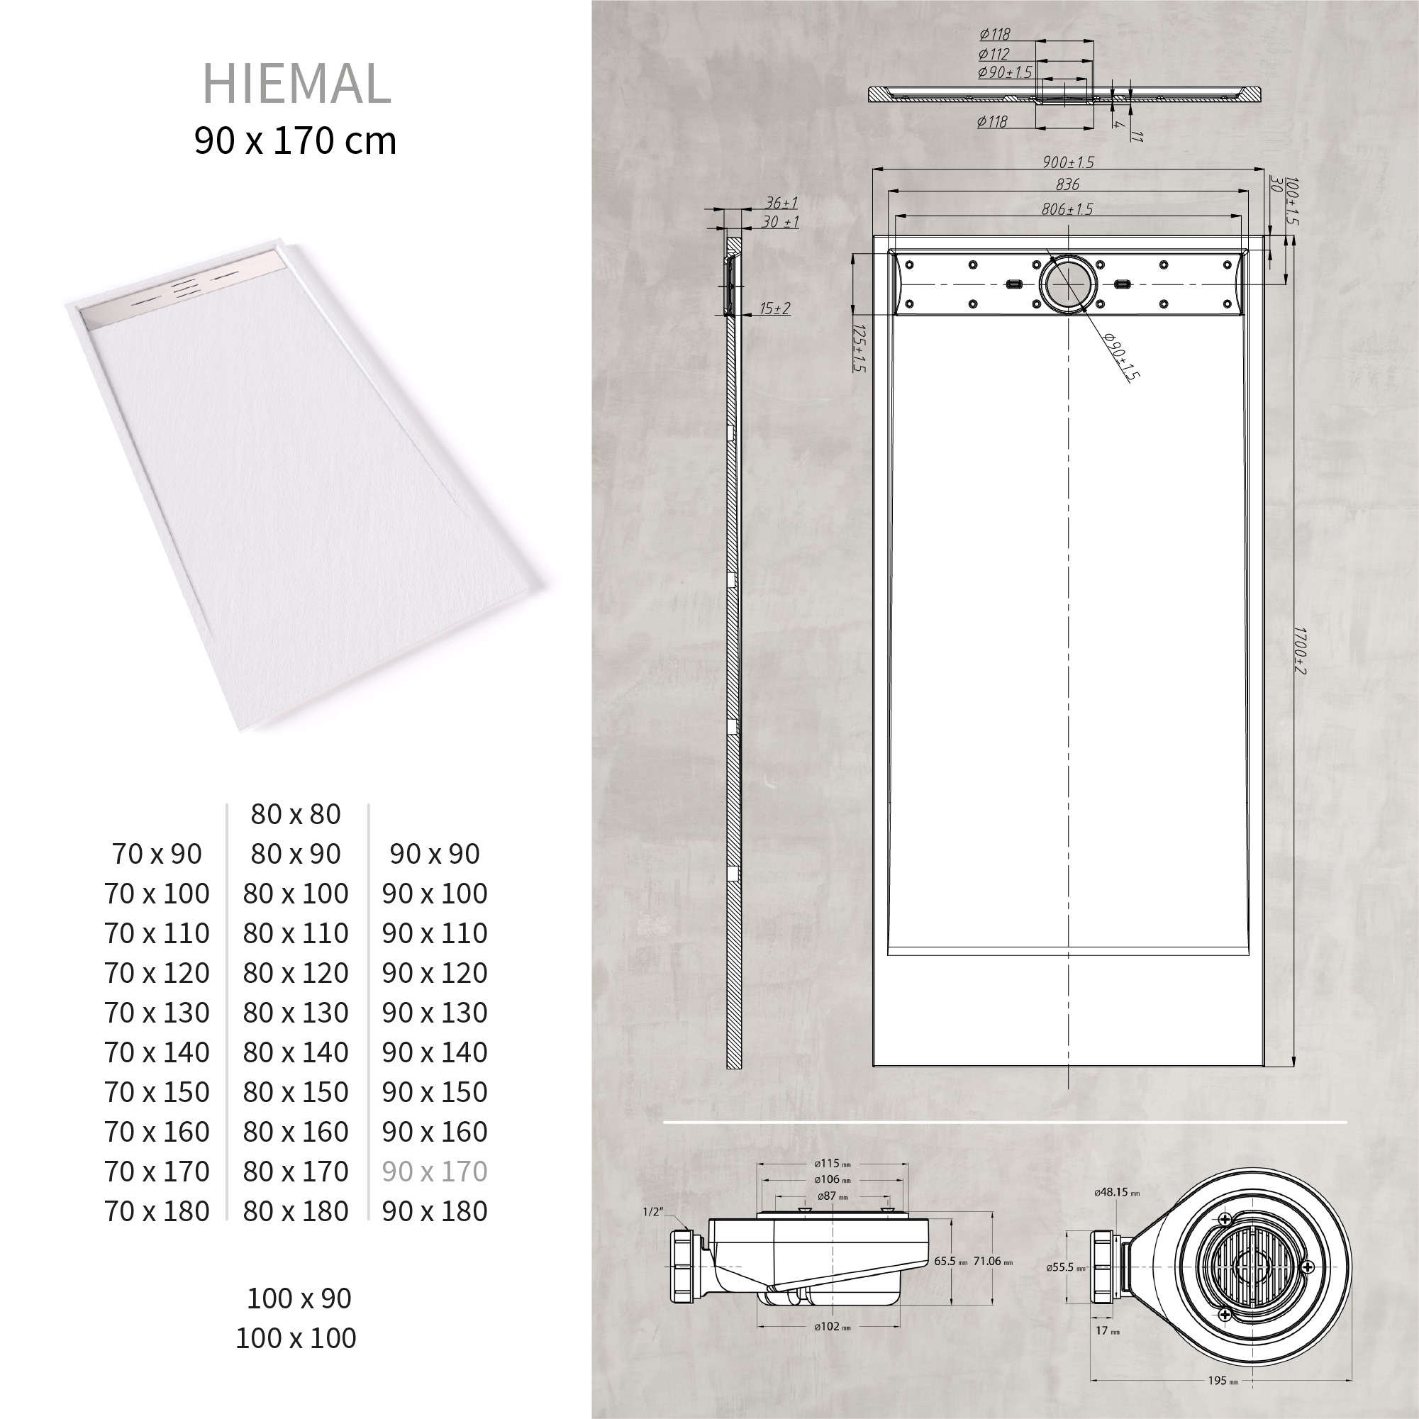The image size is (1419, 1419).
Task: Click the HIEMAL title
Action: (x=296, y=84)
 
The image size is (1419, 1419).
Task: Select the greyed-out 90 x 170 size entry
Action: (x=435, y=1171)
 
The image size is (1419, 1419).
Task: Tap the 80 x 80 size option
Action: (x=296, y=814)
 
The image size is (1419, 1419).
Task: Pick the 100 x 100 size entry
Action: (x=296, y=1337)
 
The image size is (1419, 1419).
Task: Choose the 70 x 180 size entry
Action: (x=157, y=1211)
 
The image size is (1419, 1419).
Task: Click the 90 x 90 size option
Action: (x=435, y=854)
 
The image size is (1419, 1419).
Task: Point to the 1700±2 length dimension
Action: (x=1298, y=650)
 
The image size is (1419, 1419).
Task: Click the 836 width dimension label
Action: (x=1067, y=184)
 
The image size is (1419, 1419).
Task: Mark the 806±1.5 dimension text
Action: (x=1067, y=209)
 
